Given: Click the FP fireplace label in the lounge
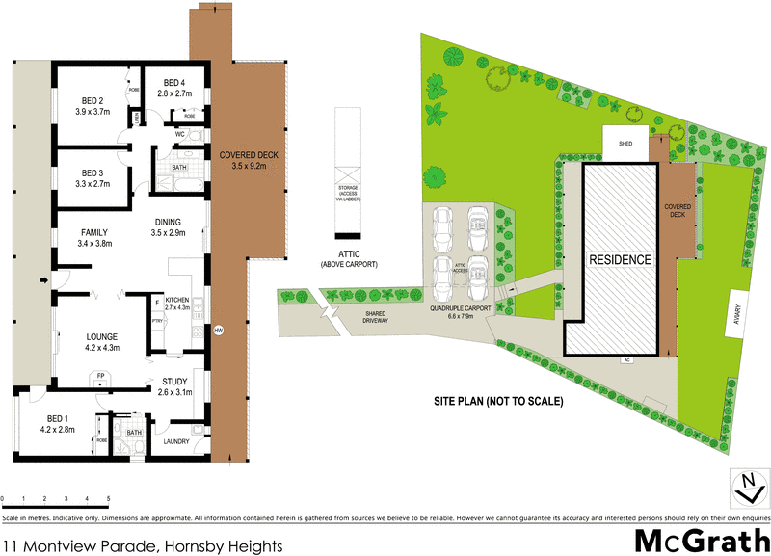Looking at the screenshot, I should pyautogui.click(x=100, y=376).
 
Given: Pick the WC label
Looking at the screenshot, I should pyautogui.click(x=180, y=135).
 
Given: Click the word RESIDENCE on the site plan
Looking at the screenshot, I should pyautogui.click(x=621, y=260).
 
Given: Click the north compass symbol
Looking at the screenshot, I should pyautogui.click(x=746, y=488).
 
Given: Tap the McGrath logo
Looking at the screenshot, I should pyautogui.click(x=701, y=541).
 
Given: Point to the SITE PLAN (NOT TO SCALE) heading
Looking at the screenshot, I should pyautogui.click(x=497, y=400).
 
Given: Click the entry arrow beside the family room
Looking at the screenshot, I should pyautogui.click(x=43, y=281).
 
